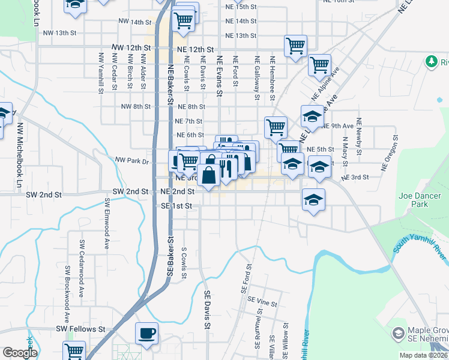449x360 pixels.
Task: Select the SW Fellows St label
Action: (80, 329)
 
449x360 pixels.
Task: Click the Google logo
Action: (19, 353)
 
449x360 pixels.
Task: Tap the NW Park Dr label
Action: (130, 161)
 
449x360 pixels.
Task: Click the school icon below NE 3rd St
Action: (313, 200)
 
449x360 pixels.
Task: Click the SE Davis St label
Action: (207, 310)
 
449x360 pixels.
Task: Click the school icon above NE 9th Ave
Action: (312, 116)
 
